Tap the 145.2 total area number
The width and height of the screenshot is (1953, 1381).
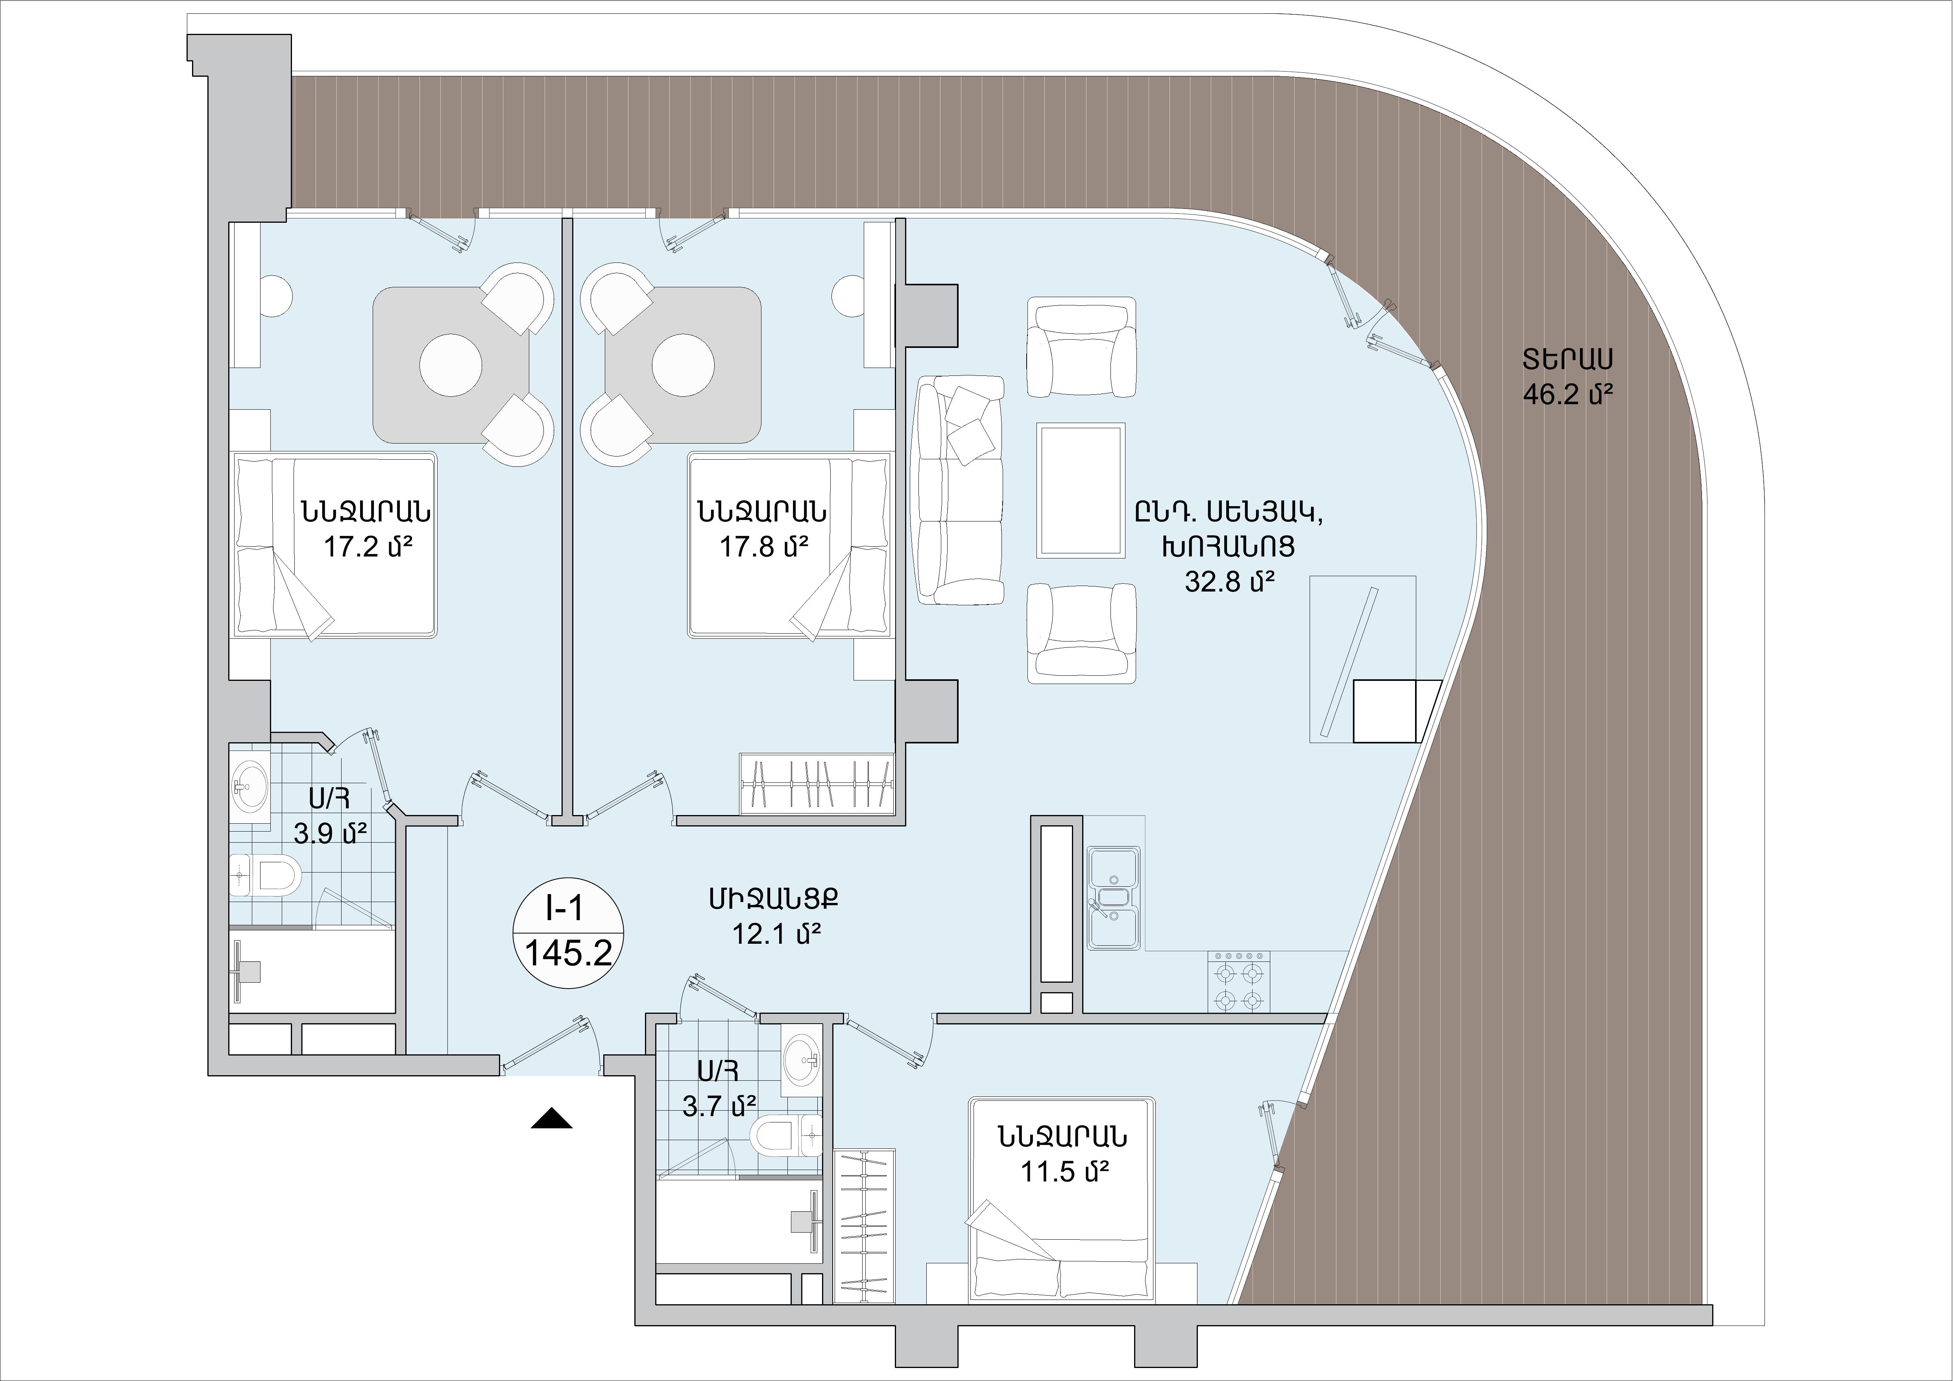click(x=568, y=953)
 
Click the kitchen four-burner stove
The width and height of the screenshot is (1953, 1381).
click(x=1238, y=981)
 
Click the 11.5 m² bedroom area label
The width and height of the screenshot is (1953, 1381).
click(x=1065, y=1172)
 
